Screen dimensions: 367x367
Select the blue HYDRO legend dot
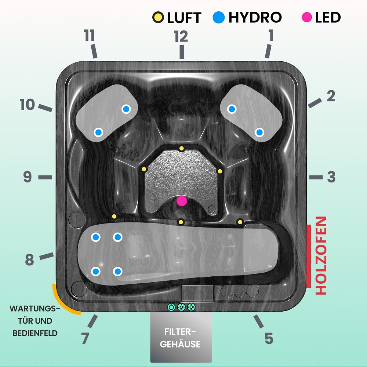pos(219,17)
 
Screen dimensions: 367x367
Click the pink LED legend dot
pos(307,17)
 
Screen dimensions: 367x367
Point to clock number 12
pos(181,36)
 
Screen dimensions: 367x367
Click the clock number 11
pos(89,36)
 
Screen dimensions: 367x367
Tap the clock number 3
pos(331,177)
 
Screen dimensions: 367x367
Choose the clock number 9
pos(28,177)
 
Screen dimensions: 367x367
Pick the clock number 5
pos(269,338)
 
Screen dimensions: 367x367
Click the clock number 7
pos(85,338)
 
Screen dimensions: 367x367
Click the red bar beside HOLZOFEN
pos(309,255)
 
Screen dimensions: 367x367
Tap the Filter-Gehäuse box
pos(181,338)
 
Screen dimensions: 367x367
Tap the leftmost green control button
pos(171,307)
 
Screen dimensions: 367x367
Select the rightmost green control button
pos(191,307)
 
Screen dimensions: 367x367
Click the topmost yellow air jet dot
pos(181,148)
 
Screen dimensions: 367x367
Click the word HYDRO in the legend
pos(255,17)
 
